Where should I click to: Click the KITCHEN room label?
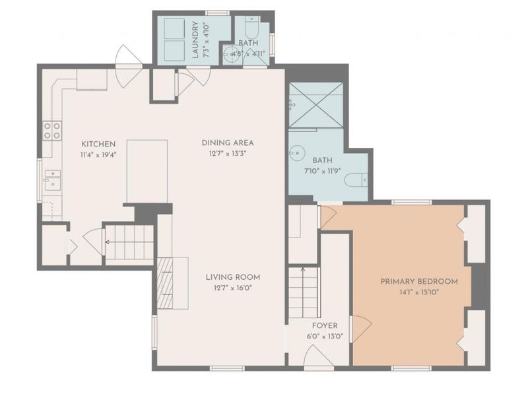point(98,144)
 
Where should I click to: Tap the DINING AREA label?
point(228,143)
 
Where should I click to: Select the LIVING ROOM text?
point(233,277)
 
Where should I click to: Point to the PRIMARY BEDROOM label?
point(419,282)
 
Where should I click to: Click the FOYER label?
point(325,325)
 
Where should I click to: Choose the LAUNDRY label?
point(195,40)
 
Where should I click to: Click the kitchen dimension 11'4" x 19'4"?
point(98,155)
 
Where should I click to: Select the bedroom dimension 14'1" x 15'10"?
point(419,292)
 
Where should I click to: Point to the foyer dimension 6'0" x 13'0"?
point(325,336)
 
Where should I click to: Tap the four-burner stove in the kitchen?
point(52,131)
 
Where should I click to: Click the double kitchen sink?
point(53,180)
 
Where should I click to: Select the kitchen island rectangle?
point(147,172)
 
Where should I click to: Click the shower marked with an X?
point(316,105)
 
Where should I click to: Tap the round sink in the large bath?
point(296,153)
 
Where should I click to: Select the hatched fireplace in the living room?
point(165,283)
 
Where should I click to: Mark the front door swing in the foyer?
point(318,356)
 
